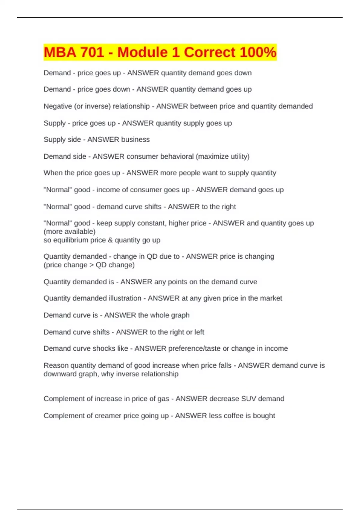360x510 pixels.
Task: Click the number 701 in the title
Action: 89,52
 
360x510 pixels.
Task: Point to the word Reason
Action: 56,365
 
